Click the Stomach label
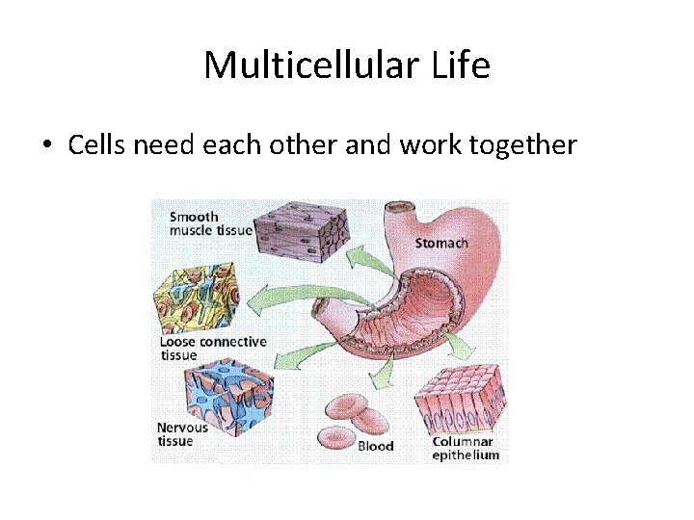click(x=440, y=243)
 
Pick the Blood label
click(x=376, y=446)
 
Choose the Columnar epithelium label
click(x=466, y=448)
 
